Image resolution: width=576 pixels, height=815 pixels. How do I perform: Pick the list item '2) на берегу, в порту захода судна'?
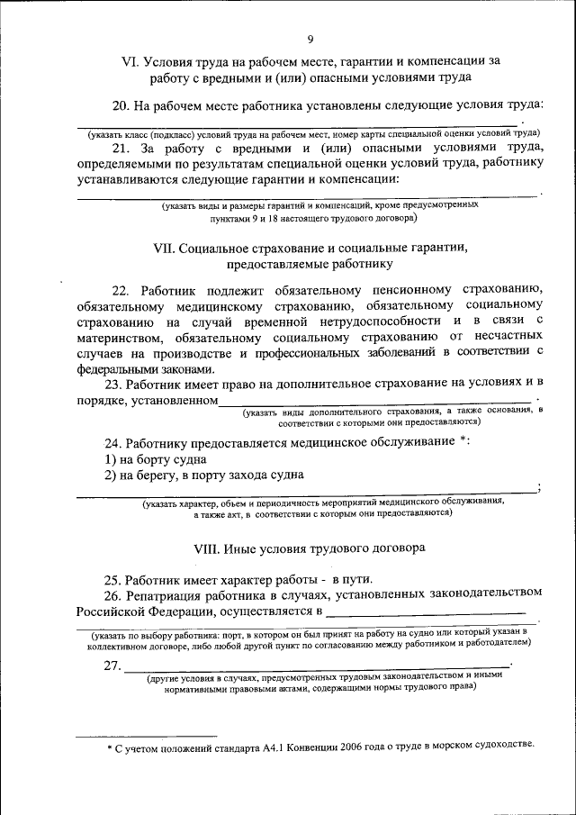(x=203, y=475)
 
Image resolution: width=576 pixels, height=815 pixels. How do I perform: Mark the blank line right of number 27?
(x=315, y=666)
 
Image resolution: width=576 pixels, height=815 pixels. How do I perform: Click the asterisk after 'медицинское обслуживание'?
(x=463, y=439)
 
